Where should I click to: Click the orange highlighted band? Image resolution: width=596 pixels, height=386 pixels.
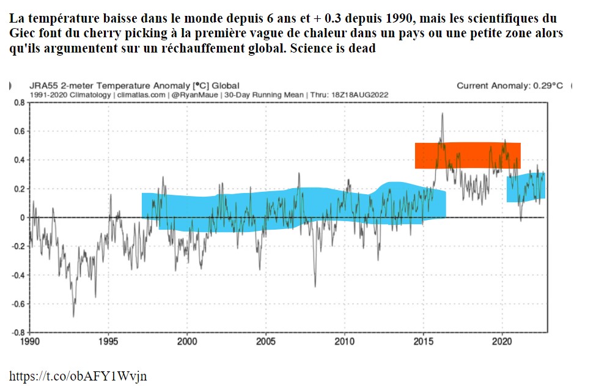468,155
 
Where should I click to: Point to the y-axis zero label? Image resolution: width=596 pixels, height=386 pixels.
22,217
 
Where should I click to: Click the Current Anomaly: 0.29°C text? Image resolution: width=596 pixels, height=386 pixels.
510,86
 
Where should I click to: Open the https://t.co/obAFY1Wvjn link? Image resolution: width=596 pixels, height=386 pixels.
78,375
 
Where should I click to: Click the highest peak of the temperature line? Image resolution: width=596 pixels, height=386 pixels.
442,114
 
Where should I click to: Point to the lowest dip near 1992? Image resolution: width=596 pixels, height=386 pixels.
73,316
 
